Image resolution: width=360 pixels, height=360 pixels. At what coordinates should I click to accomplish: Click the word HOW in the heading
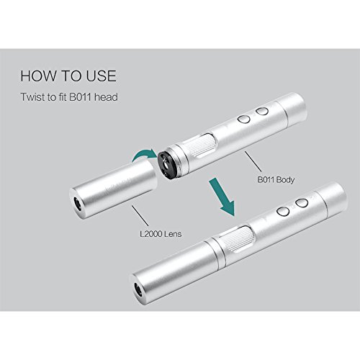(x=38, y=76)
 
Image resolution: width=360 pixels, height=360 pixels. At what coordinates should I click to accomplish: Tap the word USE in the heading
(x=102, y=76)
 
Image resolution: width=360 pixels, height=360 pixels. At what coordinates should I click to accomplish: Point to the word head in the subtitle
(x=106, y=97)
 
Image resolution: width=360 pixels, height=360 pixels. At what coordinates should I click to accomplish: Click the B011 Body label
(x=276, y=180)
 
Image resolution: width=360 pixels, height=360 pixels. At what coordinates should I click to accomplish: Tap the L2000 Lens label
(x=161, y=234)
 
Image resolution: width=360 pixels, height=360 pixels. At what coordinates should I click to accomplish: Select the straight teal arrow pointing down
(x=222, y=197)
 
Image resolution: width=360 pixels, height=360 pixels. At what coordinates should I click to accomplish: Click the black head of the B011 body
(x=166, y=165)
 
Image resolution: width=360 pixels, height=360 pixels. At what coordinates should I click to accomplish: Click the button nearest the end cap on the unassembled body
(x=262, y=111)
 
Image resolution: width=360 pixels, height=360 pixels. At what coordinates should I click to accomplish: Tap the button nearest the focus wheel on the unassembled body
(x=244, y=120)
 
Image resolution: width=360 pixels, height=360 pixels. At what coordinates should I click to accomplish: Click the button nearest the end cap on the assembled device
(x=302, y=203)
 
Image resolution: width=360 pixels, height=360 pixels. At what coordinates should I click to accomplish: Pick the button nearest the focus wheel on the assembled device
(x=283, y=212)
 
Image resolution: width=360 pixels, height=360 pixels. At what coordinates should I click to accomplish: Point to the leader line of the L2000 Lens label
(x=140, y=215)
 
